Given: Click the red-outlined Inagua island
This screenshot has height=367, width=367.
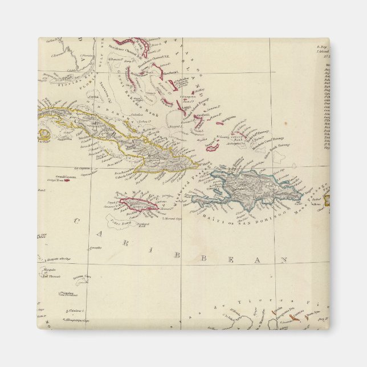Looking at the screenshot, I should click(213, 147).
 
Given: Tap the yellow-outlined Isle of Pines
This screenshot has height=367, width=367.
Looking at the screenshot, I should click(44, 135).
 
